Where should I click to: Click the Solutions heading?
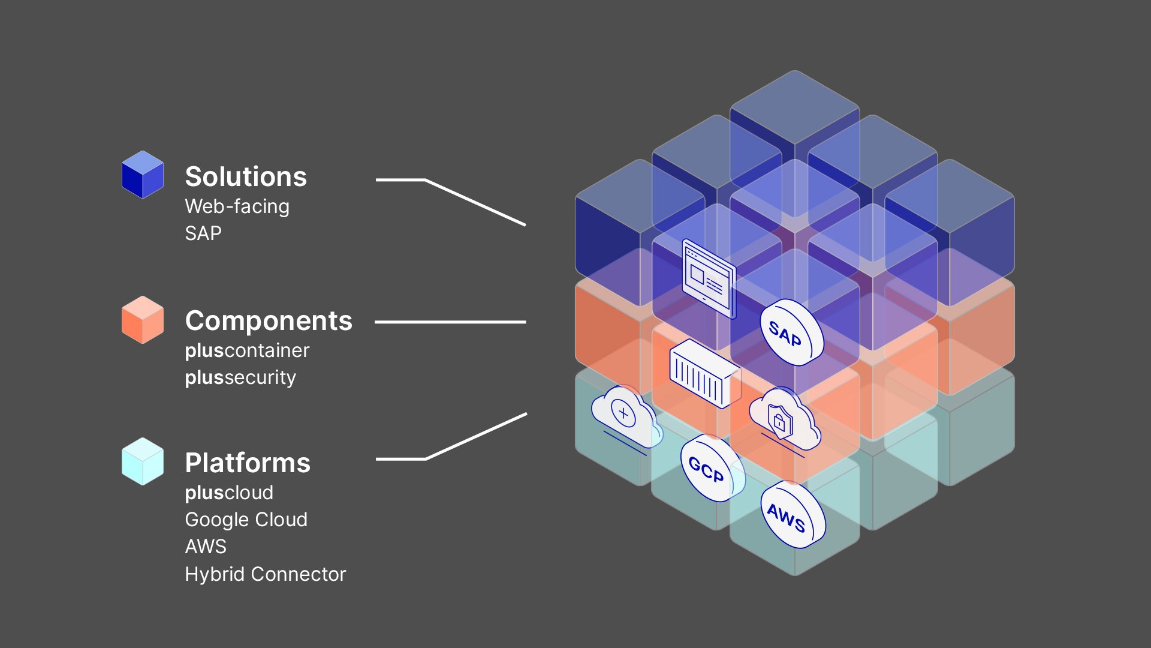coord(246,177)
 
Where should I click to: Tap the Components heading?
coord(269,321)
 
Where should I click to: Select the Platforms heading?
coord(248,463)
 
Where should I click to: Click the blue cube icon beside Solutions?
coord(143,175)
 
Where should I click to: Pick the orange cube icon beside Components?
coord(143,319)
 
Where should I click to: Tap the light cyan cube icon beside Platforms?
coord(143,461)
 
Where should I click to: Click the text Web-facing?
coord(237,206)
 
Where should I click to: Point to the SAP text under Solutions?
coord(203,233)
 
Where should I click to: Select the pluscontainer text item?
coord(247,350)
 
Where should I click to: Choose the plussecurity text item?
coord(240,377)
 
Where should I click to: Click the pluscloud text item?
coord(229,493)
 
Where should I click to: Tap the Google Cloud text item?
coord(246,520)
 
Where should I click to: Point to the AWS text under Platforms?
coord(206,547)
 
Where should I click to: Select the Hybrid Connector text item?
coord(265,574)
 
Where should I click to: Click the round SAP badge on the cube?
coord(791,332)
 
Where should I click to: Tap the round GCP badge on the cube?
coord(711,468)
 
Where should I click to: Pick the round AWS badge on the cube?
coord(792,515)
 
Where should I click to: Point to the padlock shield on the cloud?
coord(780,419)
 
